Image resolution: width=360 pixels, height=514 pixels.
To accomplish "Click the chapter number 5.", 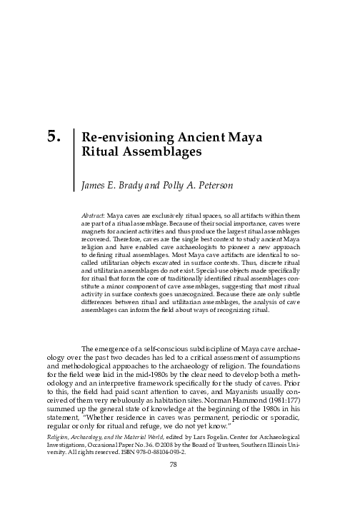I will (51, 136).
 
